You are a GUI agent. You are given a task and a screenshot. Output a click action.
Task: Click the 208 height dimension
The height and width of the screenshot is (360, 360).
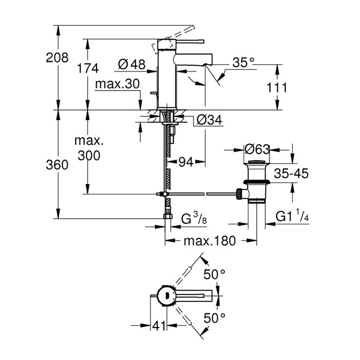point(57,58)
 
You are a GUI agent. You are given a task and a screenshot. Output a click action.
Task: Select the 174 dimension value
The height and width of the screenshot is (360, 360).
point(88,68)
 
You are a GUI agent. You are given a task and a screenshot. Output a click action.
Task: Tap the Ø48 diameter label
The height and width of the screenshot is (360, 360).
point(132,64)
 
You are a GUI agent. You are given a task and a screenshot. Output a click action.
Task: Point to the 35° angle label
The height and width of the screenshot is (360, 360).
point(244,62)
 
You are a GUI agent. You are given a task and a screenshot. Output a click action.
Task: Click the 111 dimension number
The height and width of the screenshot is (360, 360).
point(277,88)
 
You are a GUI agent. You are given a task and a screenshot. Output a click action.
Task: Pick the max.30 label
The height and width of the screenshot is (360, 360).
point(118,84)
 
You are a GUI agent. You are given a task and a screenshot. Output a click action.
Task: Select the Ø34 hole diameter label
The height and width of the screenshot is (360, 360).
point(209,119)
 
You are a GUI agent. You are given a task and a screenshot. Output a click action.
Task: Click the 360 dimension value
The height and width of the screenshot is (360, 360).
point(57,165)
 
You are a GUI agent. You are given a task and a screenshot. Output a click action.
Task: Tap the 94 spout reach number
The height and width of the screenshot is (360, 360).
point(186,163)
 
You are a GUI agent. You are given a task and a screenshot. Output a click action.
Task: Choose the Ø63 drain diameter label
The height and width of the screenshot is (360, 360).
point(257,149)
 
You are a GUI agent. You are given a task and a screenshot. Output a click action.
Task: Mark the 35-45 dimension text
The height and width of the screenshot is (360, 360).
point(291,173)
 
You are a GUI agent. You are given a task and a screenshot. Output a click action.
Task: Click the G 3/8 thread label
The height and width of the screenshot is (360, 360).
point(194,218)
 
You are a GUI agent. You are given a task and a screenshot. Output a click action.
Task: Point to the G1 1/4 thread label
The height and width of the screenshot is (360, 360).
point(292,215)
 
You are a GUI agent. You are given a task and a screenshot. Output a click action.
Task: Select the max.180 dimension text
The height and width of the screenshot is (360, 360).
point(209,241)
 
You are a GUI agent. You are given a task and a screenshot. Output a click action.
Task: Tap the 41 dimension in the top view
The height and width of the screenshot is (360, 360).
point(159,326)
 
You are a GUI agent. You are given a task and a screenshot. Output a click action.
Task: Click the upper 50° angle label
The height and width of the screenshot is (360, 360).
point(214,274)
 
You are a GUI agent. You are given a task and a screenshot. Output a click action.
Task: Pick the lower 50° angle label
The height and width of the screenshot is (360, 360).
point(214,318)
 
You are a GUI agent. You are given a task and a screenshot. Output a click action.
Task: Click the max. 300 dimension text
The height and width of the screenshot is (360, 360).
point(89,148)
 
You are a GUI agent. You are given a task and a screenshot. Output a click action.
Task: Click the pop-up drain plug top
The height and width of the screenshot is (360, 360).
point(257,163)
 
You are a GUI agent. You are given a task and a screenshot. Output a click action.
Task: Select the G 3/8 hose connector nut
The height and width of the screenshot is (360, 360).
point(168,216)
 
